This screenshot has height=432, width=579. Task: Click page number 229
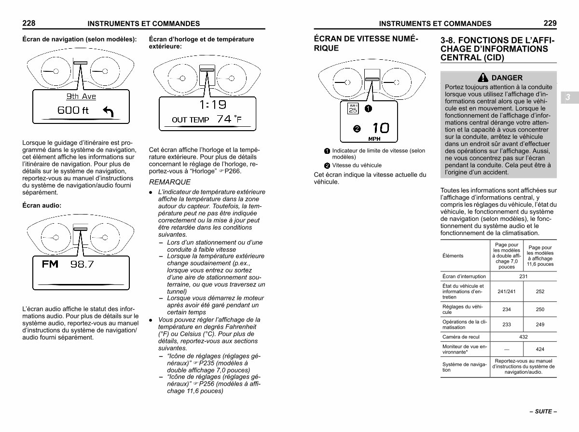[550, 23]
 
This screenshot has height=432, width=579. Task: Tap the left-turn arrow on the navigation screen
[108, 112]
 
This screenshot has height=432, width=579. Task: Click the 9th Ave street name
[81, 96]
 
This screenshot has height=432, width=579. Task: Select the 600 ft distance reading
[73, 110]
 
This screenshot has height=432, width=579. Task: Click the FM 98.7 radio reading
[68, 264]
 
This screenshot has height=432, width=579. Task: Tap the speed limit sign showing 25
[353, 108]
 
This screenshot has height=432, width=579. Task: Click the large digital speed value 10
[381, 128]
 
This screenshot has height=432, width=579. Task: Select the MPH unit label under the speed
[374, 139]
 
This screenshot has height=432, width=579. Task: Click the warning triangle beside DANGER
[482, 78]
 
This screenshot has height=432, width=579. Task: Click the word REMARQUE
[170, 182]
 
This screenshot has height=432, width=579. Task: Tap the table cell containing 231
[523, 276]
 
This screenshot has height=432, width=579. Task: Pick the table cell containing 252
[540, 291]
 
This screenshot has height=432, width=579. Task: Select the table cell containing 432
[523, 337]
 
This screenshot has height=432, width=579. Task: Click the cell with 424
[540, 349]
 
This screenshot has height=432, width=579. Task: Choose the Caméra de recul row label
[461, 337]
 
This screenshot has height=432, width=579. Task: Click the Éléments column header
[453, 256]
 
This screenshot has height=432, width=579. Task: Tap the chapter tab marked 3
[568, 97]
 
